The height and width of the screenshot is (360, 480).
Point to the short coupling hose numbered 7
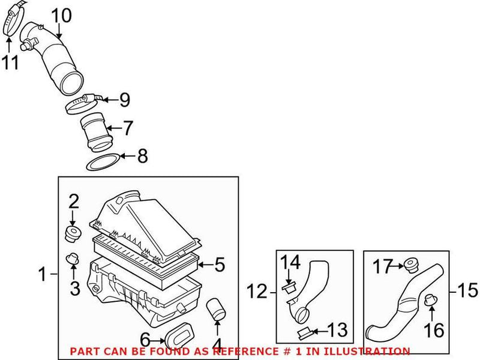[95, 131]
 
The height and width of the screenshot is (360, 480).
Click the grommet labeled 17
[410, 263]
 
